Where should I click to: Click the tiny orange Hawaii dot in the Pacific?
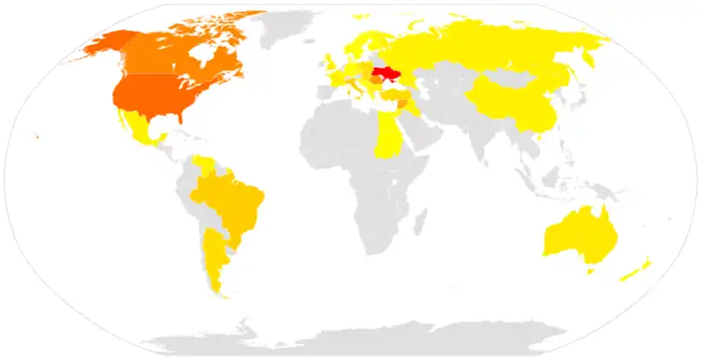pos(36,137)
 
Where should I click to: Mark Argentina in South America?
pos(214,257)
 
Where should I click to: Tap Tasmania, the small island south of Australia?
pos(590,271)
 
